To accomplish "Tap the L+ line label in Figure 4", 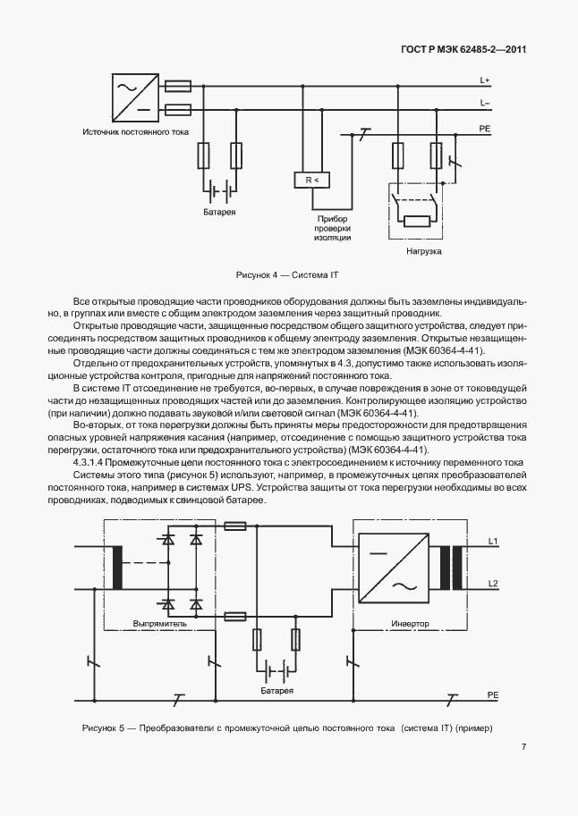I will pyautogui.click(x=484, y=80).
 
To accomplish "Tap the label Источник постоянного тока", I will pyautogui.click(x=135, y=132).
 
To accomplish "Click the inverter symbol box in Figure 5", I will pyautogui.click(x=391, y=569).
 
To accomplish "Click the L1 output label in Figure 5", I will pyautogui.click(x=493, y=542).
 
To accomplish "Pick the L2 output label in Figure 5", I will pyautogui.click(x=493, y=583).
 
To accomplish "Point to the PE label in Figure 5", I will pyautogui.click(x=492, y=694).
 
